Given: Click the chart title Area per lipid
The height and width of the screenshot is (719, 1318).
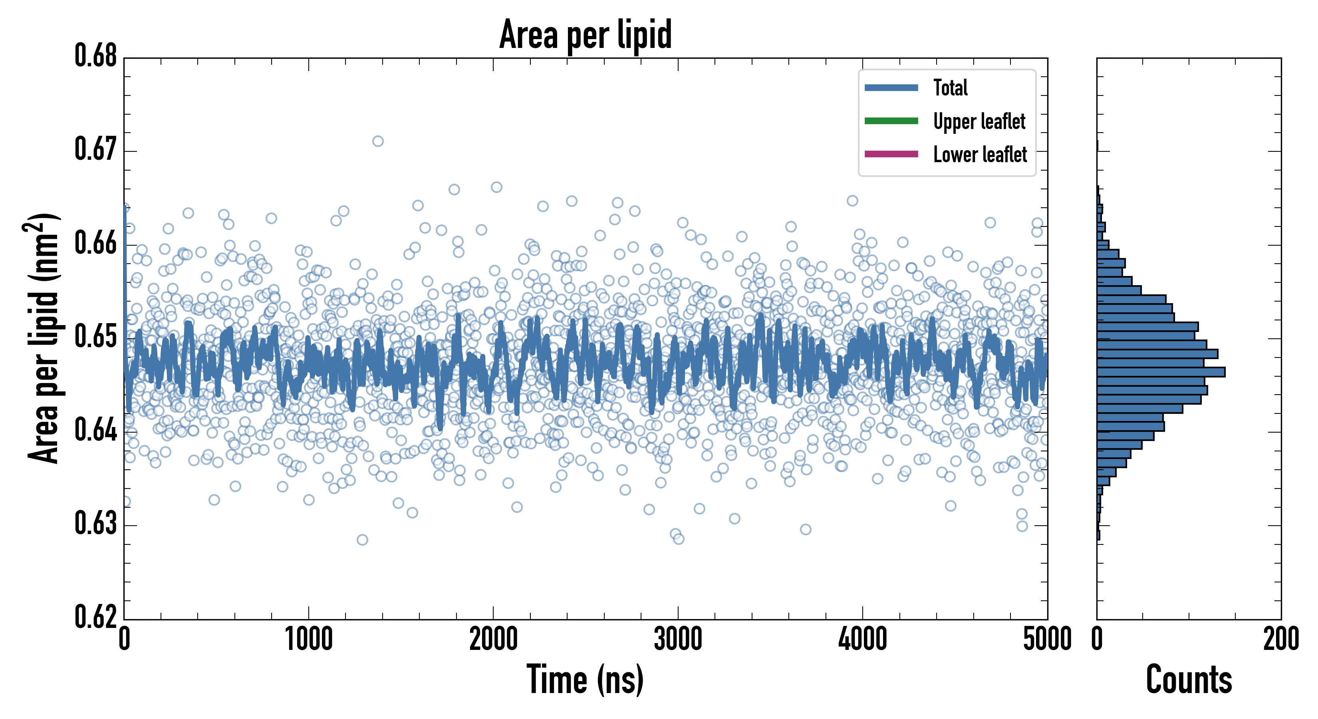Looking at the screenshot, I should [586, 34].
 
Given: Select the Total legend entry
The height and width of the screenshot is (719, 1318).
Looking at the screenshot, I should [950, 87].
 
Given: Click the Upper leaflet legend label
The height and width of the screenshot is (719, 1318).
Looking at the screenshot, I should [979, 121].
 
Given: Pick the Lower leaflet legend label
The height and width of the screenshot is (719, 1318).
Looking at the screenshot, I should [980, 154].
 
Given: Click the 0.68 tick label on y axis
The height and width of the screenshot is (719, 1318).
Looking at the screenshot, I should [96, 56].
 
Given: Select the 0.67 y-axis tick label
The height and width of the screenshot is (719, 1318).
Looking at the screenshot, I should [96, 149].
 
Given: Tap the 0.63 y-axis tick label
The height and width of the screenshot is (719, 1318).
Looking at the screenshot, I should [96, 524].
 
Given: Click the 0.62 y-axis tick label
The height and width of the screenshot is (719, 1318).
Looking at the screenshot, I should [96, 617].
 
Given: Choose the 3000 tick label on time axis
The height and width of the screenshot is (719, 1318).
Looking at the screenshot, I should [678, 639].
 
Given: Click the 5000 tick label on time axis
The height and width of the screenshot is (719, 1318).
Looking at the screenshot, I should [1047, 639].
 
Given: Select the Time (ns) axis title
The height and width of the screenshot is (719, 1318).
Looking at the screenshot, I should [586, 679].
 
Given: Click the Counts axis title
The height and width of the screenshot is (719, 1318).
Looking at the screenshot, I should [1189, 679].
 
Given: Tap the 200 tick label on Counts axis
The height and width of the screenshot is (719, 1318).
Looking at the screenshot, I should [1280, 639].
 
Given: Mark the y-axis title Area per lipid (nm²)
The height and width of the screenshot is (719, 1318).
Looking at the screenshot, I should [44, 338].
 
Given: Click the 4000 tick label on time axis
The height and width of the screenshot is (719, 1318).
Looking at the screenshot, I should [863, 639].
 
